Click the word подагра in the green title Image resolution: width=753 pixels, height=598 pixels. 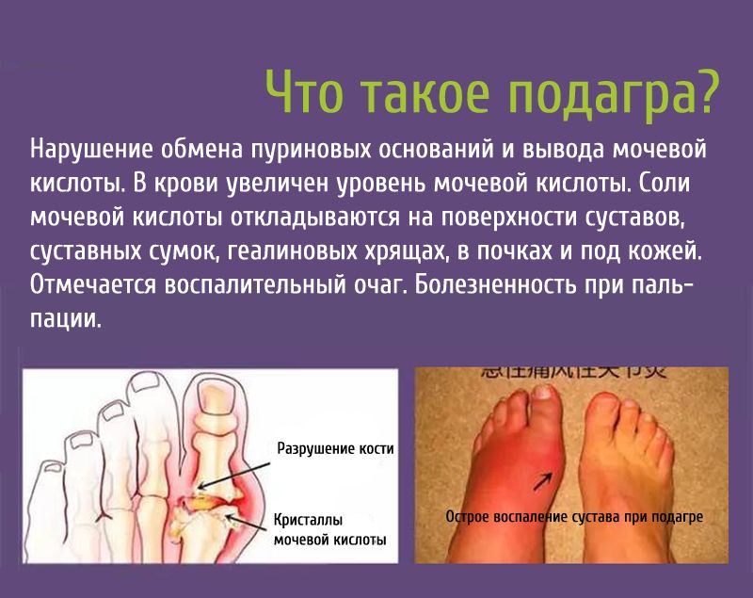pyautogui.click(x=615, y=92)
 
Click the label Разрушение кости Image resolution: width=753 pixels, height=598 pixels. pyautogui.click(x=334, y=449)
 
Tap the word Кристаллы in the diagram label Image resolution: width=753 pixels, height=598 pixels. pyautogui.click(x=307, y=520)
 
